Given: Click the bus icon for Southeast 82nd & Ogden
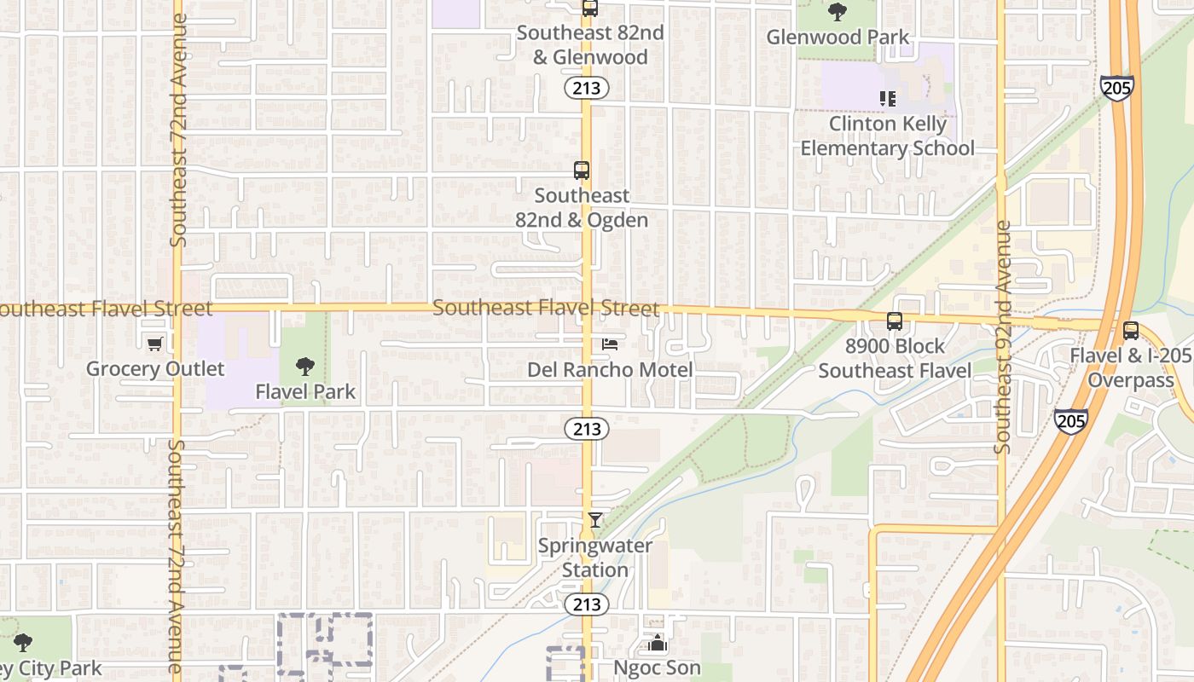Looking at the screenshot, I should pyautogui.click(x=582, y=170).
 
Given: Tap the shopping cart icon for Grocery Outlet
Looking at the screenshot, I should pyautogui.click(x=154, y=344).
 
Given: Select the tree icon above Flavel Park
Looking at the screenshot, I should pyautogui.click(x=304, y=367).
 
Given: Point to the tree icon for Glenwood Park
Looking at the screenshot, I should pyautogui.click(x=838, y=12).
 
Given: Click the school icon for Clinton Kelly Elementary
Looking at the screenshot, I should pyautogui.click(x=888, y=99).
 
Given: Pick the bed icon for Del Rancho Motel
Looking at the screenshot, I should pyautogui.click(x=610, y=344).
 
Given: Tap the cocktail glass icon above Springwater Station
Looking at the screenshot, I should pyautogui.click(x=595, y=519).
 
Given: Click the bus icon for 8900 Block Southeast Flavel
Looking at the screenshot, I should pyautogui.click(x=894, y=321).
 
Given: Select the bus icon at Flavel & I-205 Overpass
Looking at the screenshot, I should pyautogui.click(x=1131, y=331).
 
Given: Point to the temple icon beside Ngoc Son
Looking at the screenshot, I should pyautogui.click(x=657, y=643).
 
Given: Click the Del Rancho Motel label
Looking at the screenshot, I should pyautogui.click(x=610, y=370).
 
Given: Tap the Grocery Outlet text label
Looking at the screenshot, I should pyautogui.click(x=155, y=369).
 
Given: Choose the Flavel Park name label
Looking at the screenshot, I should pyautogui.click(x=305, y=393).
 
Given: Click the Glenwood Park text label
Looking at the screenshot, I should pyautogui.click(x=838, y=38).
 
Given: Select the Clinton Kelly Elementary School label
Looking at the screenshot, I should pyautogui.click(x=888, y=136).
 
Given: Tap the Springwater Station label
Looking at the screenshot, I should pyautogui.click(x=595, y=558).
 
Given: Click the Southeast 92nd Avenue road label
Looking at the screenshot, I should pyautogui.click(x=1003, y=337).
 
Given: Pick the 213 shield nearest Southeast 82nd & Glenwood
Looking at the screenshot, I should pyautogui.click(x=586, y=88).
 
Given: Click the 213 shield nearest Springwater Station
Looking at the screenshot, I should pyautogui.click(x=586, y=604).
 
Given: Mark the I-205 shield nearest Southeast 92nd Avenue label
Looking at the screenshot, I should pyautogui.click(x=1070, y=419).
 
